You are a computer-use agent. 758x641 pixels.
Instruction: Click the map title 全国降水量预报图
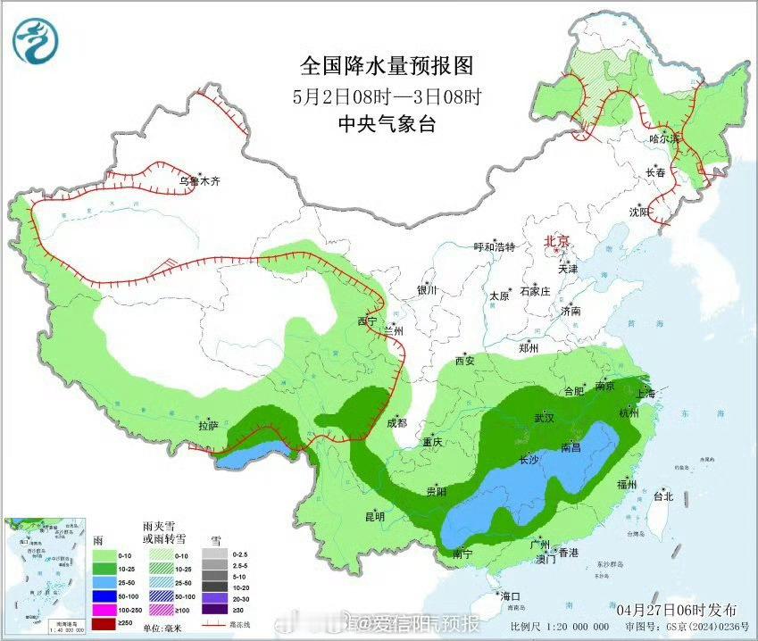coord(386,66)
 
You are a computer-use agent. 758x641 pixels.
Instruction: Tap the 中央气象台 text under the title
coord(386,125)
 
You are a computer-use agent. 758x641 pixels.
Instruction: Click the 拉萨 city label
coord(208,426)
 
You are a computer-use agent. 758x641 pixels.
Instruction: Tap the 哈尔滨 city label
coord(664,138)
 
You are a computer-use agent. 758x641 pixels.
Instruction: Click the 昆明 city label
coord(374,516)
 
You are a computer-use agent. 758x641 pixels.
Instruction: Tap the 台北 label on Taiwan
coord(662,495)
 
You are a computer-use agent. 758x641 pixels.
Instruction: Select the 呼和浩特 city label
coord(495,247)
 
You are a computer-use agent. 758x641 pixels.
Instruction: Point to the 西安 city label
coord(465,361)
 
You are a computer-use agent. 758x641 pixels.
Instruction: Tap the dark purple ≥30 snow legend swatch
coord(214,610)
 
